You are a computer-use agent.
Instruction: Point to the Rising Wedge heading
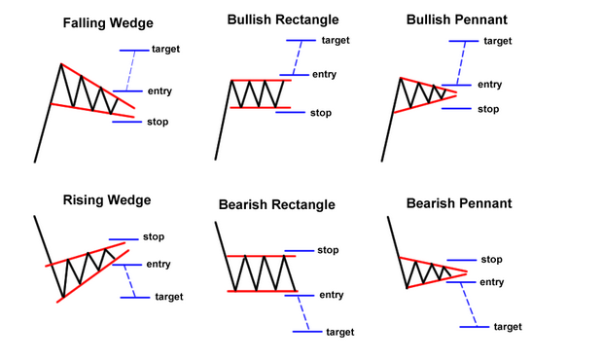[106, 200]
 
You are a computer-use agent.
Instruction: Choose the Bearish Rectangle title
[279, 204]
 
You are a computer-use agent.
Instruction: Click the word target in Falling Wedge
[166, 49]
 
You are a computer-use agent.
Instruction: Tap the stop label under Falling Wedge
[157, 122]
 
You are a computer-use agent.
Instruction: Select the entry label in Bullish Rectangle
[323, 74]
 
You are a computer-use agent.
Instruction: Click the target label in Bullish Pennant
[497, 41]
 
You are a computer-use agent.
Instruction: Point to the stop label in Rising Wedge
[153, 236]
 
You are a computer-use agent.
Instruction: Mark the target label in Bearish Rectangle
[340, 332]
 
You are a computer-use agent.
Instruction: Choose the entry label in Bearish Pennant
[491, 281]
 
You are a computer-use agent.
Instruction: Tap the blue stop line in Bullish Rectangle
[290, 112]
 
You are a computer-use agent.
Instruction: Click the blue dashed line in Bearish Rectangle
[301, 311]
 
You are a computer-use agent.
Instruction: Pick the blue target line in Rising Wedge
[134, 297]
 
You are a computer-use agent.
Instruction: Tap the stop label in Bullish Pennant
[488, 108]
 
